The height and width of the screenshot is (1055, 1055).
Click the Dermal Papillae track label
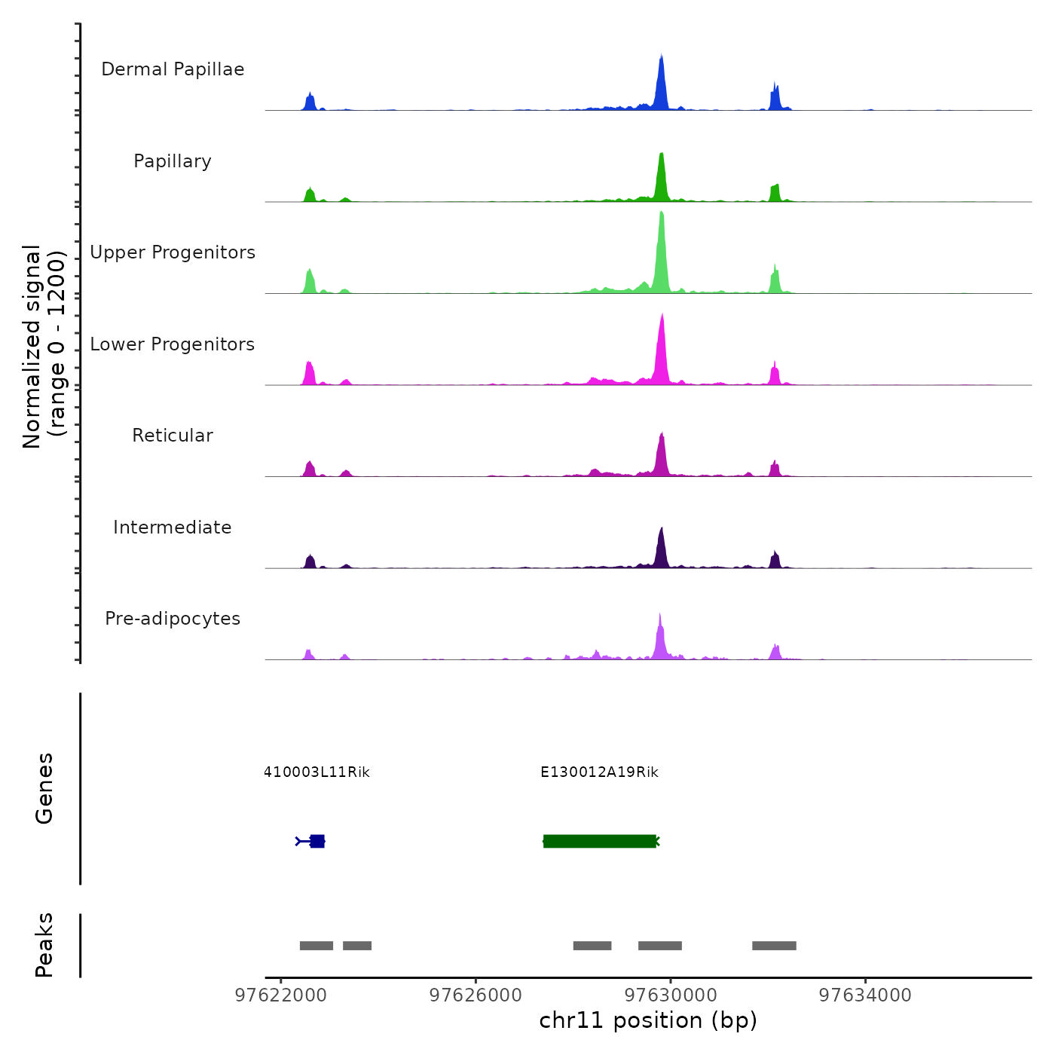pos(173,69)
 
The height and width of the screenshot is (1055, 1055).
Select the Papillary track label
pos(173,161)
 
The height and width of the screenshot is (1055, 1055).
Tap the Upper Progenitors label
pos(173,252)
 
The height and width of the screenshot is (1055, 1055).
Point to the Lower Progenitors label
pos(173,344)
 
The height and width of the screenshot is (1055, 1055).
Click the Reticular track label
pos(173,436)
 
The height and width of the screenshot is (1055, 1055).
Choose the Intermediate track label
pos(173,527)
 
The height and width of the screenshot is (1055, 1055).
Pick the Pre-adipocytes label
pos(173,619)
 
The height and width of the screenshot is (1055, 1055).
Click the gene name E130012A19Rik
pos(599,772)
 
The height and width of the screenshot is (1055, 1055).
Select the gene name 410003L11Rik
pos(316,772)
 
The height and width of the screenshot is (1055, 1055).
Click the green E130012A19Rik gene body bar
pos(599,841)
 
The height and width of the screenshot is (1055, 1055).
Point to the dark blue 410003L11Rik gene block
pos(317,841)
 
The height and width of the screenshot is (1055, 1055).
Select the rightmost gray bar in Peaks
pos(774,946)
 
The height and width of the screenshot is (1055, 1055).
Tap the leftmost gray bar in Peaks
pos(316,946)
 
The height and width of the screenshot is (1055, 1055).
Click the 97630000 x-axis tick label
pos(671,995)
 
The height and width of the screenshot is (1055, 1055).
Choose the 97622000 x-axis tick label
pos(281,995)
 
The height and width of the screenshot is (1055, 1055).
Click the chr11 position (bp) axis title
pos(648,1020)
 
